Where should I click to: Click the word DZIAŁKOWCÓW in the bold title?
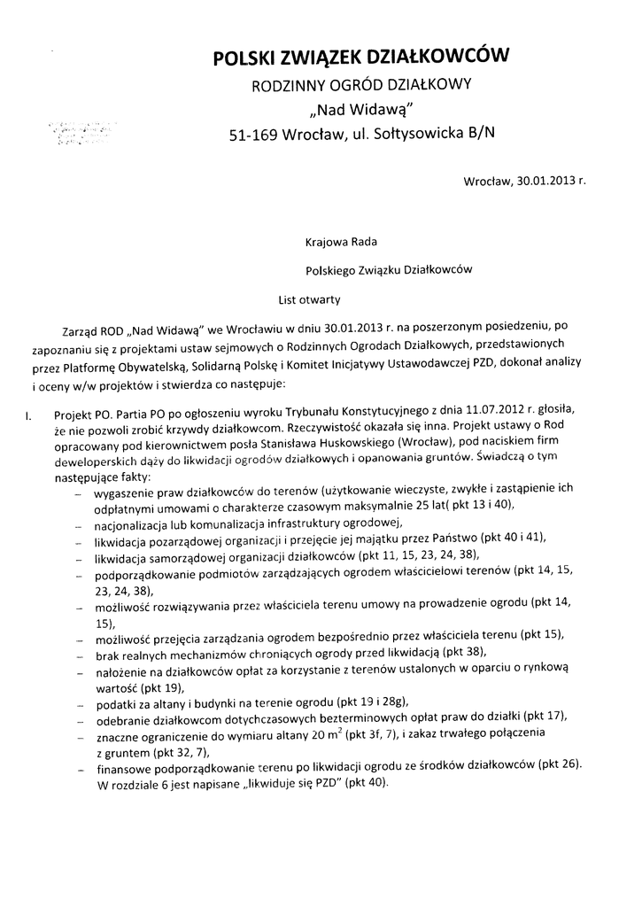447,58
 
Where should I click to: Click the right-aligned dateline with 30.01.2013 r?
524,182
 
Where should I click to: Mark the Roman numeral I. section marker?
28,413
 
